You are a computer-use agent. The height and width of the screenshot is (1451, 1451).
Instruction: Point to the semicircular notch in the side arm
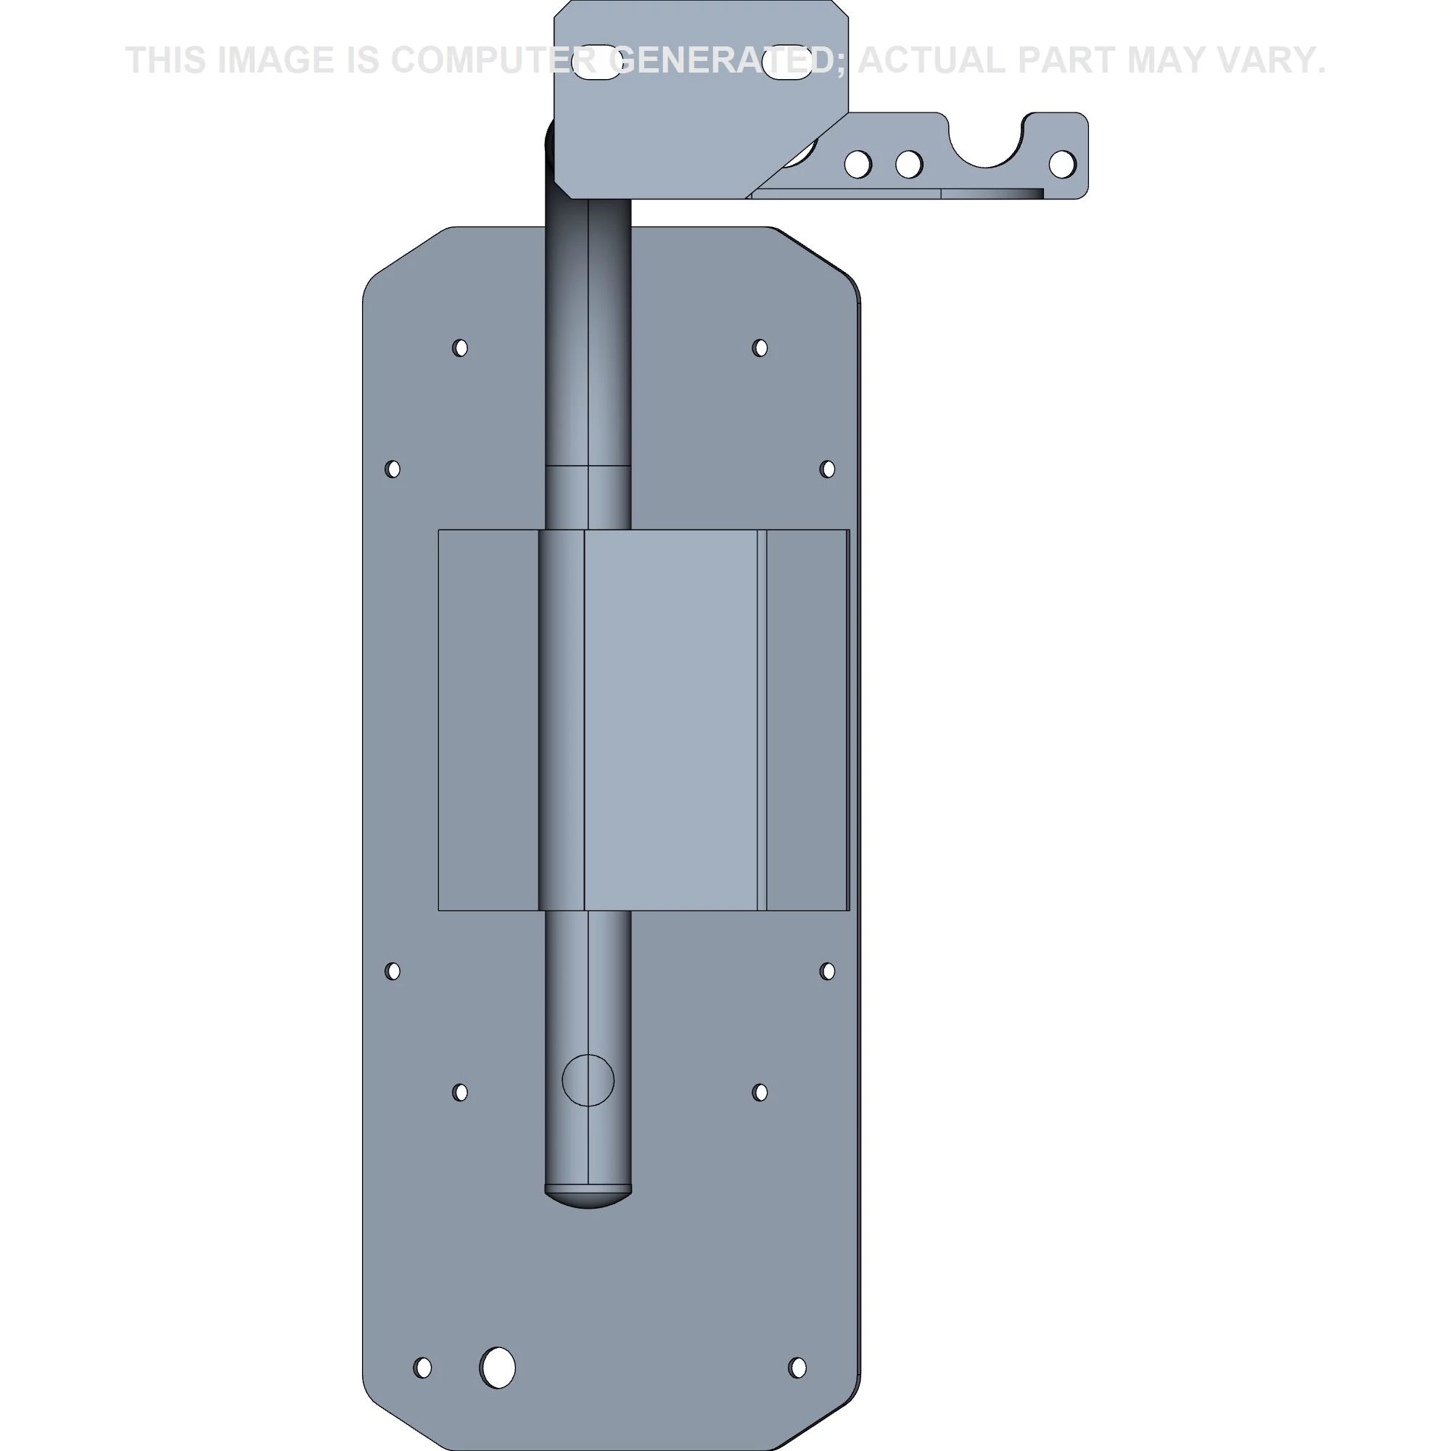[x=985, y=143]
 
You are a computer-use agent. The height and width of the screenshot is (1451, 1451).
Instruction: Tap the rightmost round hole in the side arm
[x=1062, y=165]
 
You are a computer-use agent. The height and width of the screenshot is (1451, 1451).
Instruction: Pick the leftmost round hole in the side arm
[x=858, y=165]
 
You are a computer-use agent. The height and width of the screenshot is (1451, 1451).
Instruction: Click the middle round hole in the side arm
[x=909, y=165]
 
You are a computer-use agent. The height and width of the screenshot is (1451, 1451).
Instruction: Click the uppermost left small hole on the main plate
[x=461, y=348]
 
